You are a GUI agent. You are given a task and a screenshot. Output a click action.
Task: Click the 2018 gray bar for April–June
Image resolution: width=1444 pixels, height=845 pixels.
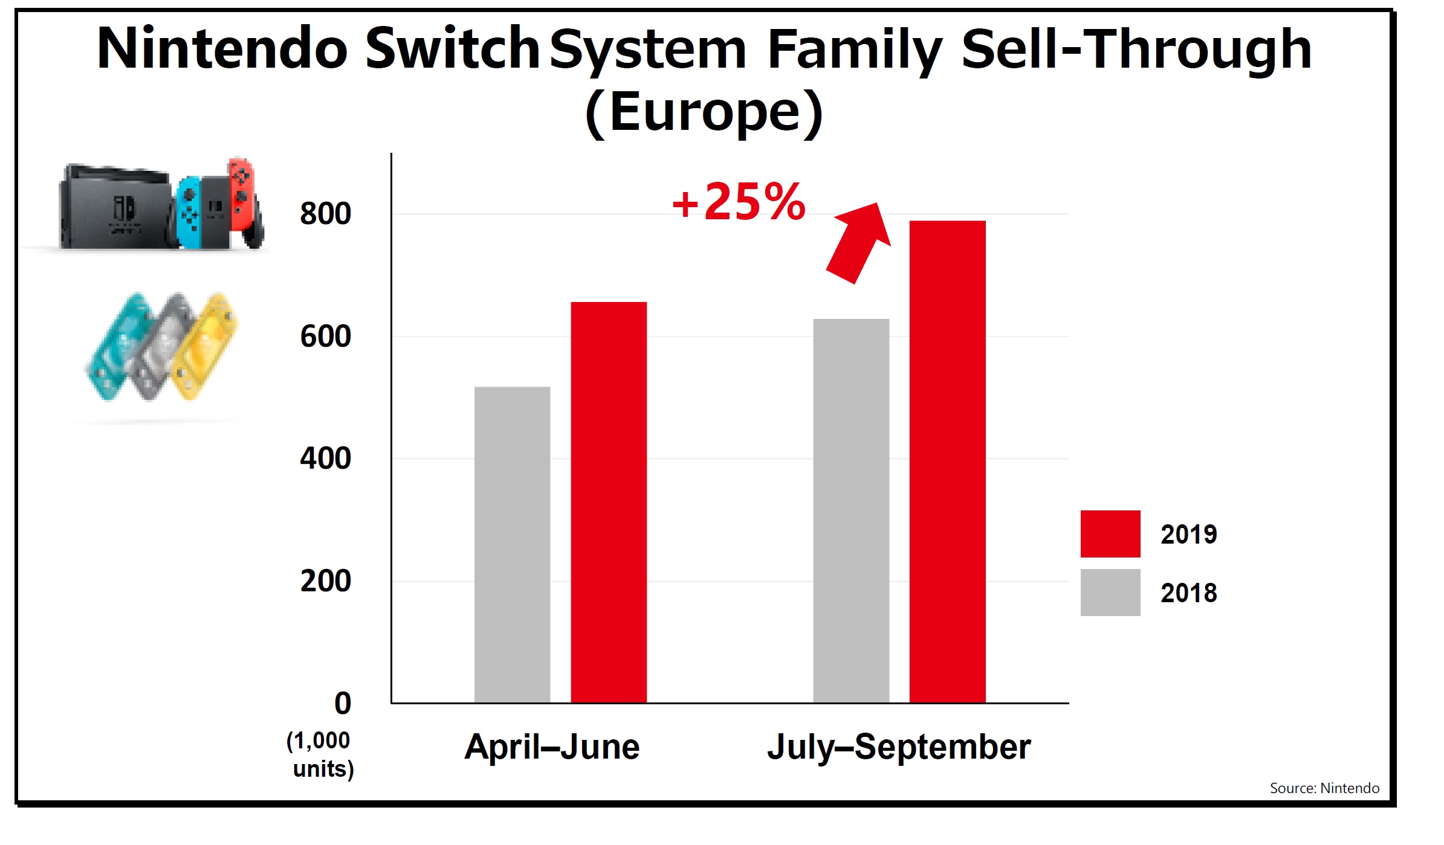click(x=512, y=544)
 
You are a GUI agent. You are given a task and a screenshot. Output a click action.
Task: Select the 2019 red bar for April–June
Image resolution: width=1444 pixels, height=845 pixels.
click(x=609, y=502)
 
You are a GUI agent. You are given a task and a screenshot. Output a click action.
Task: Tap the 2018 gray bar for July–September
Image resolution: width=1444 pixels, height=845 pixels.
click(x=851, y=510)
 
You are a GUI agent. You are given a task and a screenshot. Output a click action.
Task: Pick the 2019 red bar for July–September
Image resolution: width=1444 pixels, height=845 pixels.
click(x=947, y=461)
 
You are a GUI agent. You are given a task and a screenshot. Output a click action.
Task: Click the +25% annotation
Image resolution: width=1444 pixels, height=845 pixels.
click(x=738, y=202)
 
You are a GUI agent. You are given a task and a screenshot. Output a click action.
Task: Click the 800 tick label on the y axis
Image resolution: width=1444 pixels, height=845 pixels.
click(x=325, y=214)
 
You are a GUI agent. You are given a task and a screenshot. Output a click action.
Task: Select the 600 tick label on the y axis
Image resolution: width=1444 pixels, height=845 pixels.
click(x=325, y=336)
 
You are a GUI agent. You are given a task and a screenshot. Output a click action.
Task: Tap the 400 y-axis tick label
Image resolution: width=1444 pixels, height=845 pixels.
click(x=325, y=458)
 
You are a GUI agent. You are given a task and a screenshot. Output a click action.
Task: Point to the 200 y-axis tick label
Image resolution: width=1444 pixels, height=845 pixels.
click(x=325, y=581)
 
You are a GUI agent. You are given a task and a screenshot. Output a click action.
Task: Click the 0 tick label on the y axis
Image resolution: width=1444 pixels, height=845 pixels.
click(x=342, y=704)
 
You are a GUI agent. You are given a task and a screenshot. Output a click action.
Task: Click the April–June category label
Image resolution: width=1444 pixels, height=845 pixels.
click(x=552, y=747)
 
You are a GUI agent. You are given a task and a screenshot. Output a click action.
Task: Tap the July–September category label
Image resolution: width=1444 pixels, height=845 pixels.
click(x=899, y=747)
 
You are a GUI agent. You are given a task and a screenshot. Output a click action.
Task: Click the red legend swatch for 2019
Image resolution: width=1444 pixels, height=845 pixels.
click(x=1110, y=534)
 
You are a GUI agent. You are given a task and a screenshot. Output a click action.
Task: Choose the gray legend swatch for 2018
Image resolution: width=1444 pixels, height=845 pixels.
click(x=1110, y=593)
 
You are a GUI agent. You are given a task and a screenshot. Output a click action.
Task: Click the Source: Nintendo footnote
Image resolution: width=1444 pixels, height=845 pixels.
click(x=1324, y=788)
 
